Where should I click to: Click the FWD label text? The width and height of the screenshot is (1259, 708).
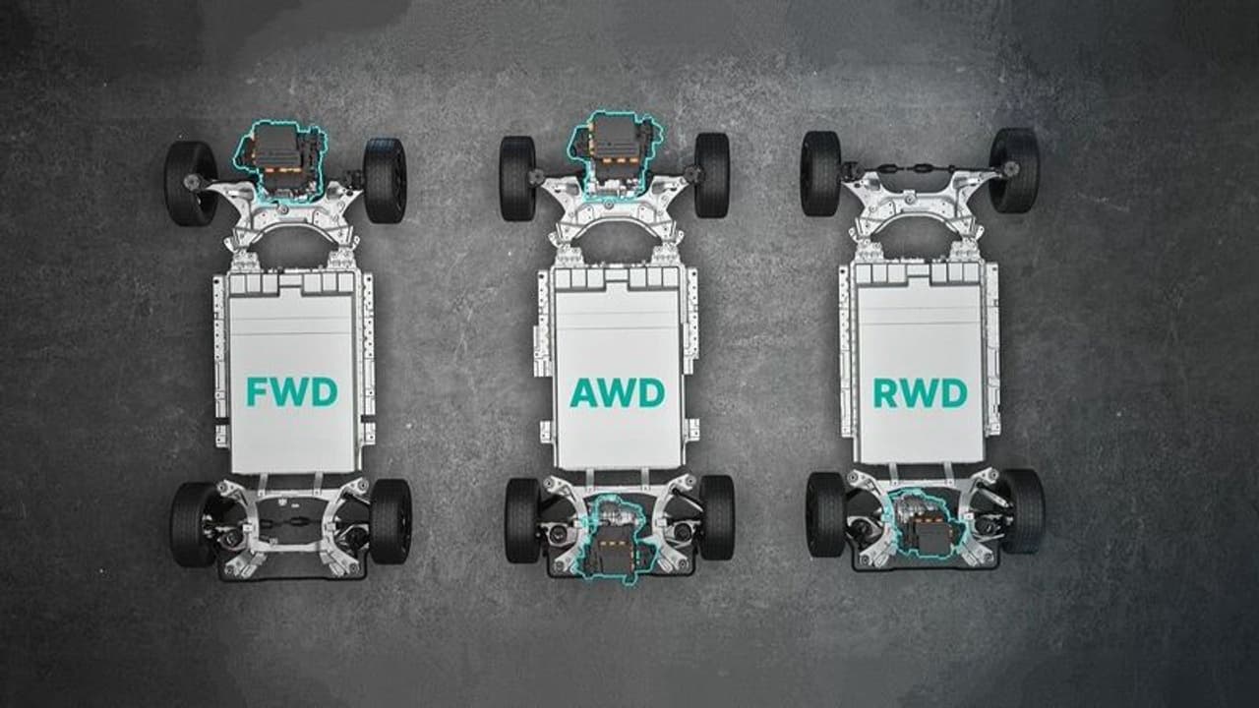coord(292,391)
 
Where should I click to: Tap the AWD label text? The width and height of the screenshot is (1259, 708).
coord(617,392)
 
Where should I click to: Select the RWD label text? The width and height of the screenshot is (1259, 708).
coord(920,392)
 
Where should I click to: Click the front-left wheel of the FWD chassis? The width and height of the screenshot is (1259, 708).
coord(191,183)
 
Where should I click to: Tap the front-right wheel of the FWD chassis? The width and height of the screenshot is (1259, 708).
coord(385,180)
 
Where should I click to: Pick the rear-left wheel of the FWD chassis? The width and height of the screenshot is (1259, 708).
coord(193,524)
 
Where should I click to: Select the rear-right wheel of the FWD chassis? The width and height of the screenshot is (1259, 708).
coord(390,521)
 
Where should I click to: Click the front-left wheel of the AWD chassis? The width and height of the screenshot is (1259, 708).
coord(517,178)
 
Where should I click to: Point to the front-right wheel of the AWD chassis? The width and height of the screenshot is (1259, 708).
coord(712,175)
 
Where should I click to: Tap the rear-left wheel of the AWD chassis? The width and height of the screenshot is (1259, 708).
coord(522,520)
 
